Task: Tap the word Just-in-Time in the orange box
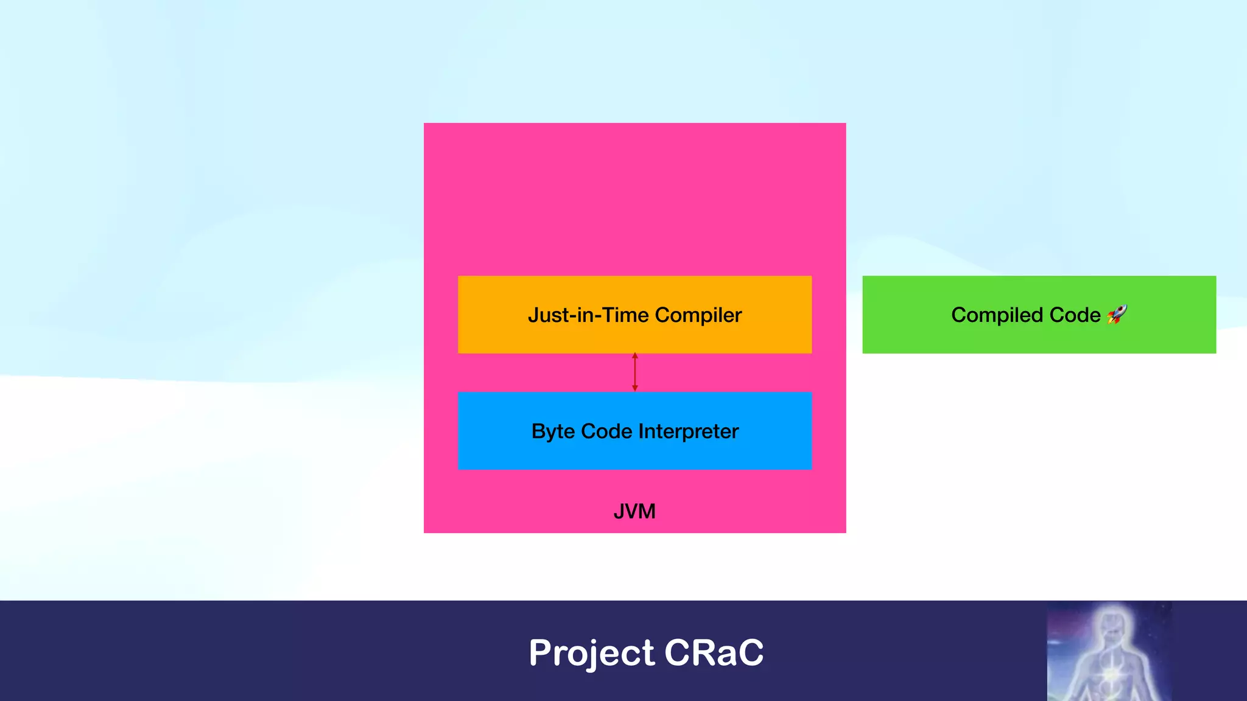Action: point(588,315)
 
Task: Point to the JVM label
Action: point(634,511)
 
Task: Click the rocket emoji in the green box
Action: point(1117,314)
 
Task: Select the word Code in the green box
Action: point(1075,315)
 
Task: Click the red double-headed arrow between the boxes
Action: point(634,372)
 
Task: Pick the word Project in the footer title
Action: point(591,654)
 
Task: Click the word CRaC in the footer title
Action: point(714,652)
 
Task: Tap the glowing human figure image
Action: point(1109,651)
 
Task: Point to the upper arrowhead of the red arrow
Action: point(634,356)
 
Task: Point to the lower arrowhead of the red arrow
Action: point(634,388)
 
